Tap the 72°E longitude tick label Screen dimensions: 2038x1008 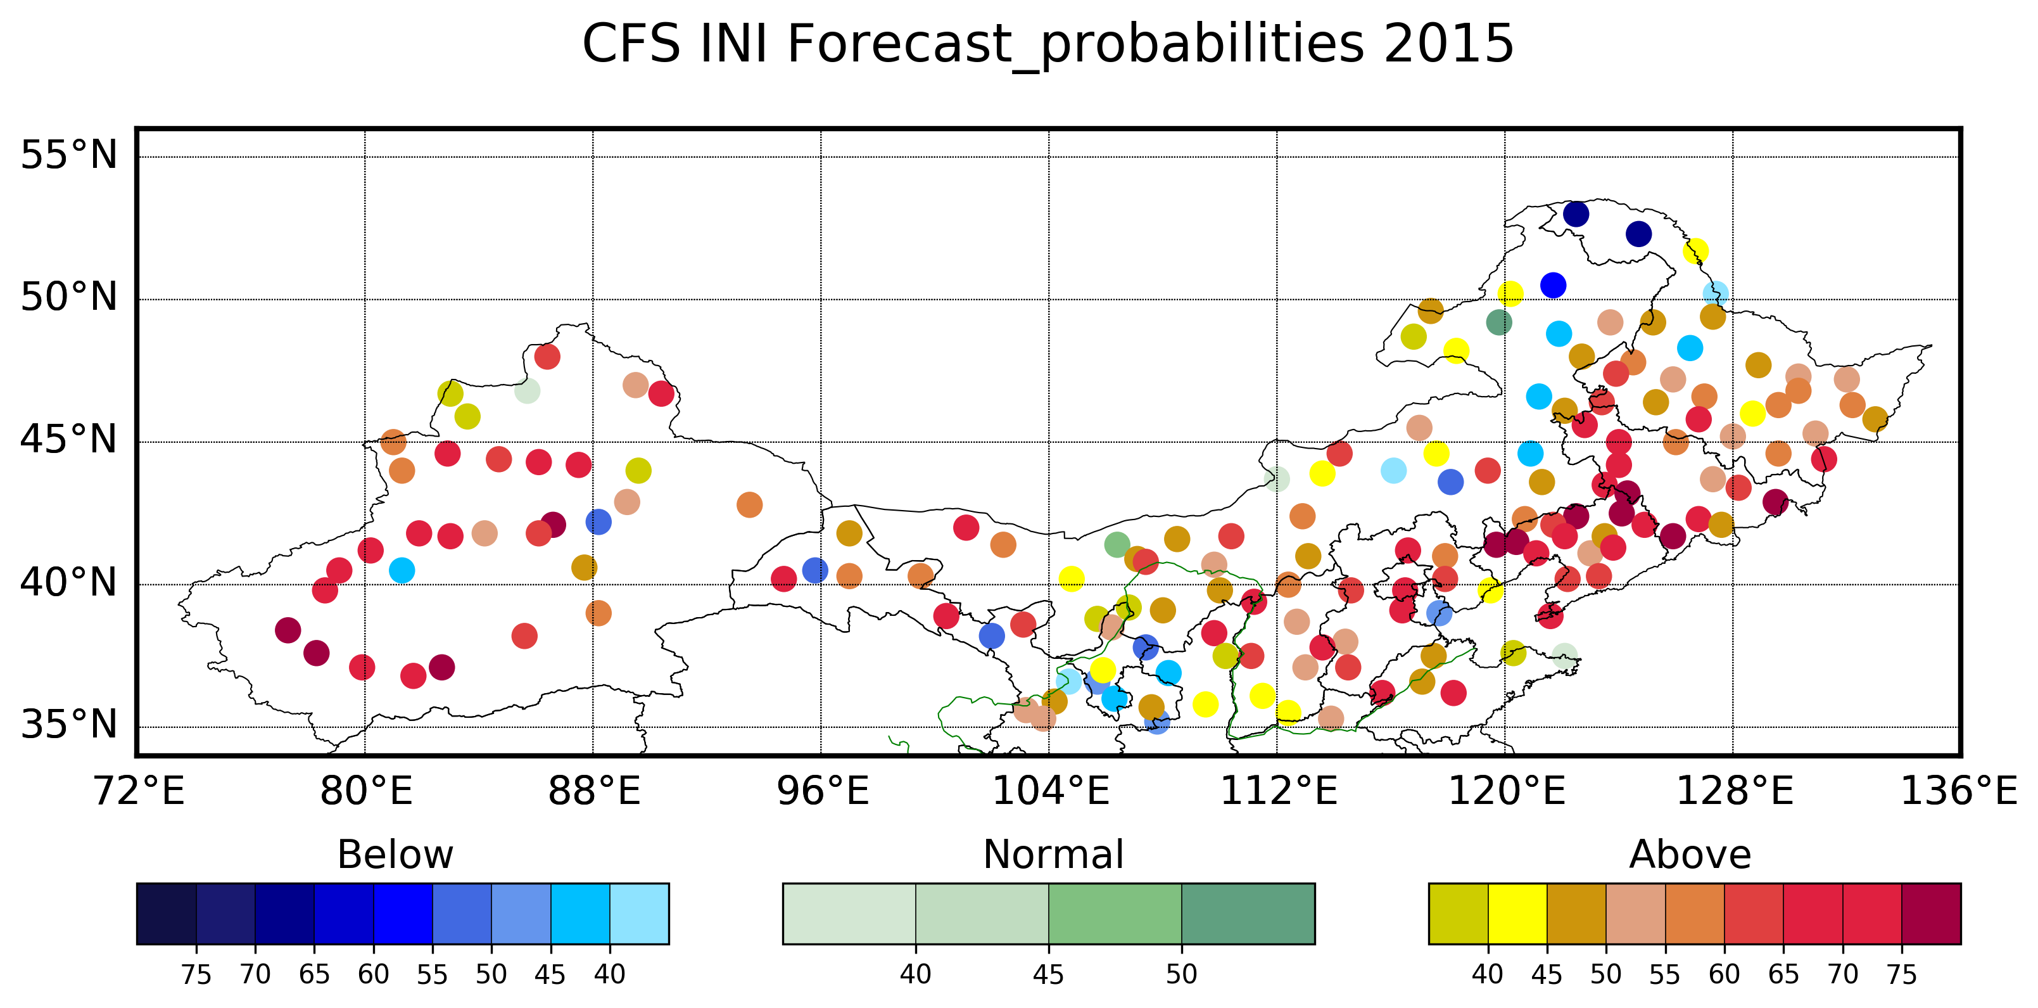coord(139,791)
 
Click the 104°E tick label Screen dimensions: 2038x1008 coord(1050,791)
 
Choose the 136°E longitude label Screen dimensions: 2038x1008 coord(1959,791)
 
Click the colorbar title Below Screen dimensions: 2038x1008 coord(395,855)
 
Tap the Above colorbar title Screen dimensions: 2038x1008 coord(1690,855)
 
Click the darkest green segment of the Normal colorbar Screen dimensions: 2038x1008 coord(1248,914)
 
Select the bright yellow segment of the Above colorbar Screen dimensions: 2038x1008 coord(1517,914)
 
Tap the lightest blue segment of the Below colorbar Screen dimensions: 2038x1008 coord(639,914)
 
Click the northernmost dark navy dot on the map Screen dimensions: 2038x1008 coord(1576,214)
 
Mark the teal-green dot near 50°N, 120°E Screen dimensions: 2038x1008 coord(1498,322)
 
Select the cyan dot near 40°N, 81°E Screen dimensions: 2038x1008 coord(402,570)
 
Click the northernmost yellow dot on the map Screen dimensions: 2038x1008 coord(1695,252)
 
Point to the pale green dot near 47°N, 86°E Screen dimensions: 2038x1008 coord(527,390)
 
